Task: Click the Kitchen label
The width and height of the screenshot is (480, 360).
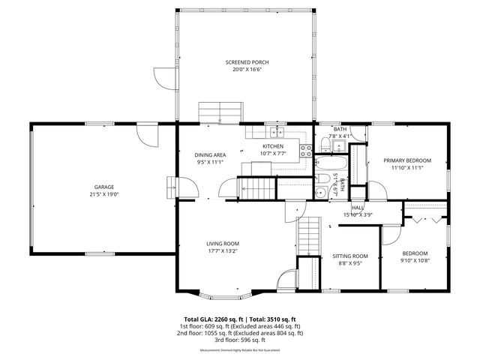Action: (x=272, y=146)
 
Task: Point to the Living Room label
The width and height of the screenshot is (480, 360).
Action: (x=223, y=244)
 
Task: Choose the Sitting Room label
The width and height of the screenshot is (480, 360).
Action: (x=350, y=256)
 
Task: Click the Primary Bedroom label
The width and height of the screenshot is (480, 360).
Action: (x=407, y=160)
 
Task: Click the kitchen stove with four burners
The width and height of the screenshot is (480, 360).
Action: (x=306, y=149)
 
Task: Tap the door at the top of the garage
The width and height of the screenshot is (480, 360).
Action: (x=148, y=135)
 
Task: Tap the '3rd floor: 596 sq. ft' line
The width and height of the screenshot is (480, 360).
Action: (x=239, y=340)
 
